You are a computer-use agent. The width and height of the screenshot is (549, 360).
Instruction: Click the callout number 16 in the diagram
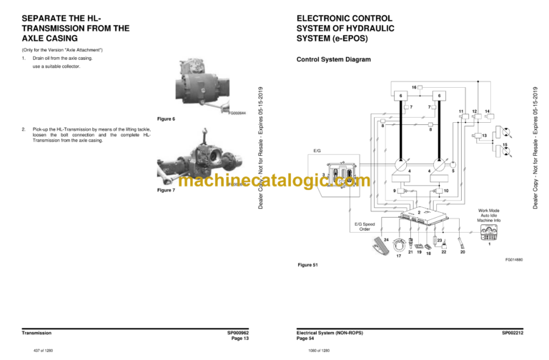click(414, 87)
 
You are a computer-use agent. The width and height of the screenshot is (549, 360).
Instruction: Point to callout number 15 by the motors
click(505, 146)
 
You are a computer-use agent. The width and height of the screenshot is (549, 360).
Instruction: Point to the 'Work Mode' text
click(490, 210)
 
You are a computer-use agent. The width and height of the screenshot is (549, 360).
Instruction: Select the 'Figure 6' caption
click(164, 119)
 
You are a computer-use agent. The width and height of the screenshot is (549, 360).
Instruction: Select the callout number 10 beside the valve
click(446, 191)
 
